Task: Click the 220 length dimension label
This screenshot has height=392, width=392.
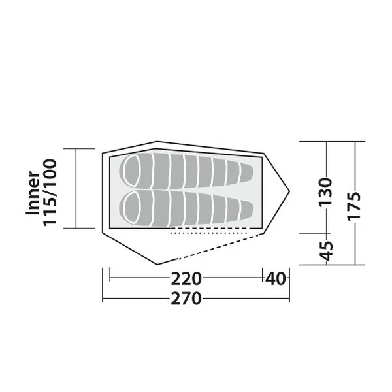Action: click(186, 278)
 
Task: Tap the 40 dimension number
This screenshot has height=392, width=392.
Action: click(275, 278)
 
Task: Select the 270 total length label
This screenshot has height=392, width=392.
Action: click(186, 299)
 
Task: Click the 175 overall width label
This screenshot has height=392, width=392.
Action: click(354, 206)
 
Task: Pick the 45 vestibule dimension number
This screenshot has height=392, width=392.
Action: click(326, 251)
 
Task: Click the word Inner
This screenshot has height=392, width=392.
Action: click(33, 193)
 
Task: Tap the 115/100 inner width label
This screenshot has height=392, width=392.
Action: click(50, 193)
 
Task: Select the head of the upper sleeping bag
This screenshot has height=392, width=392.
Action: click(132, 171)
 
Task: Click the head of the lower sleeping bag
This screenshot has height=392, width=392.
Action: click(132, 208)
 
